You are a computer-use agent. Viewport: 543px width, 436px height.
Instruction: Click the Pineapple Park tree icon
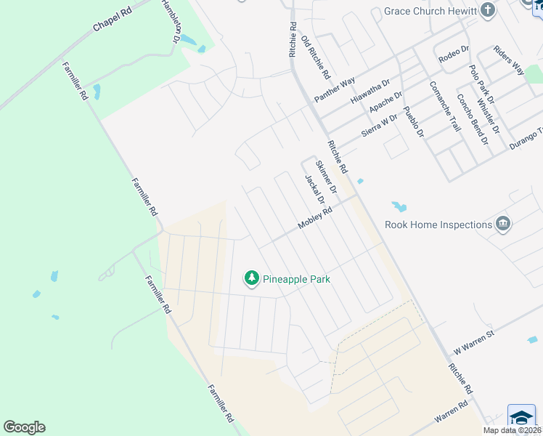[252, 278]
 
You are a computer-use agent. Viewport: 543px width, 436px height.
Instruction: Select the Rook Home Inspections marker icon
[502, 224]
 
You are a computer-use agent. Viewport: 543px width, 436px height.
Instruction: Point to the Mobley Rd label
[316, 219]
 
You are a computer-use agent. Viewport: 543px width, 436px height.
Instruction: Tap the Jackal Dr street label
[314, 193]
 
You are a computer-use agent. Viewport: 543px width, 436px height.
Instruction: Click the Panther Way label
[334, 89]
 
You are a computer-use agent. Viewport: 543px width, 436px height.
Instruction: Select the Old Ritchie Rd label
[316, 57]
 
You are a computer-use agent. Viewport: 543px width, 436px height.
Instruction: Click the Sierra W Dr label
[379, 126]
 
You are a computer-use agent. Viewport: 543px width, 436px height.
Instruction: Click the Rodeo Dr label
[454, 53]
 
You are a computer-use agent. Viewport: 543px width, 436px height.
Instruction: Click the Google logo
[24, 427]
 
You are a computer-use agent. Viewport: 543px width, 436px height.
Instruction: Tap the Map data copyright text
[512, 430]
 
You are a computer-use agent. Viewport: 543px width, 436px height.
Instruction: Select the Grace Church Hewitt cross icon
[488, 11]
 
